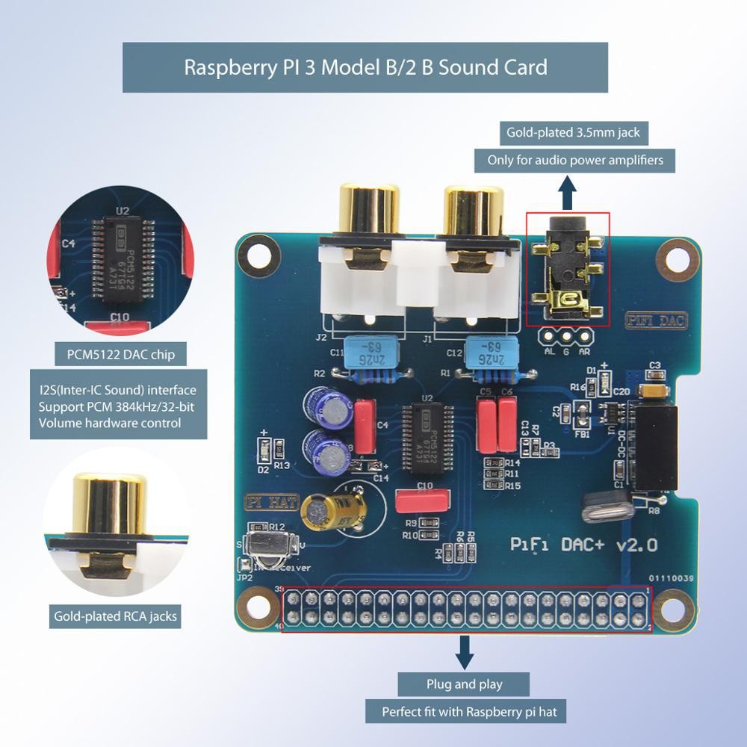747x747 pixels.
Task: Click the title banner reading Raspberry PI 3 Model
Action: [365, 67]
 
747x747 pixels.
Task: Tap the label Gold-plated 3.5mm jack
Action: [573, 133]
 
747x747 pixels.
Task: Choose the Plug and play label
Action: [465, 684]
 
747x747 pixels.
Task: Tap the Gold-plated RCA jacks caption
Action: [115, 616]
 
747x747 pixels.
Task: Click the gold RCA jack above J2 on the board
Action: [369, 213]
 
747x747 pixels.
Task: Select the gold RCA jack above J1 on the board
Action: [472, 213]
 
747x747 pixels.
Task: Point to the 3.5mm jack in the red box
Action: [568, 269]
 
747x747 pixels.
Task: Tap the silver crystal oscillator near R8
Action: [607, 506]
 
